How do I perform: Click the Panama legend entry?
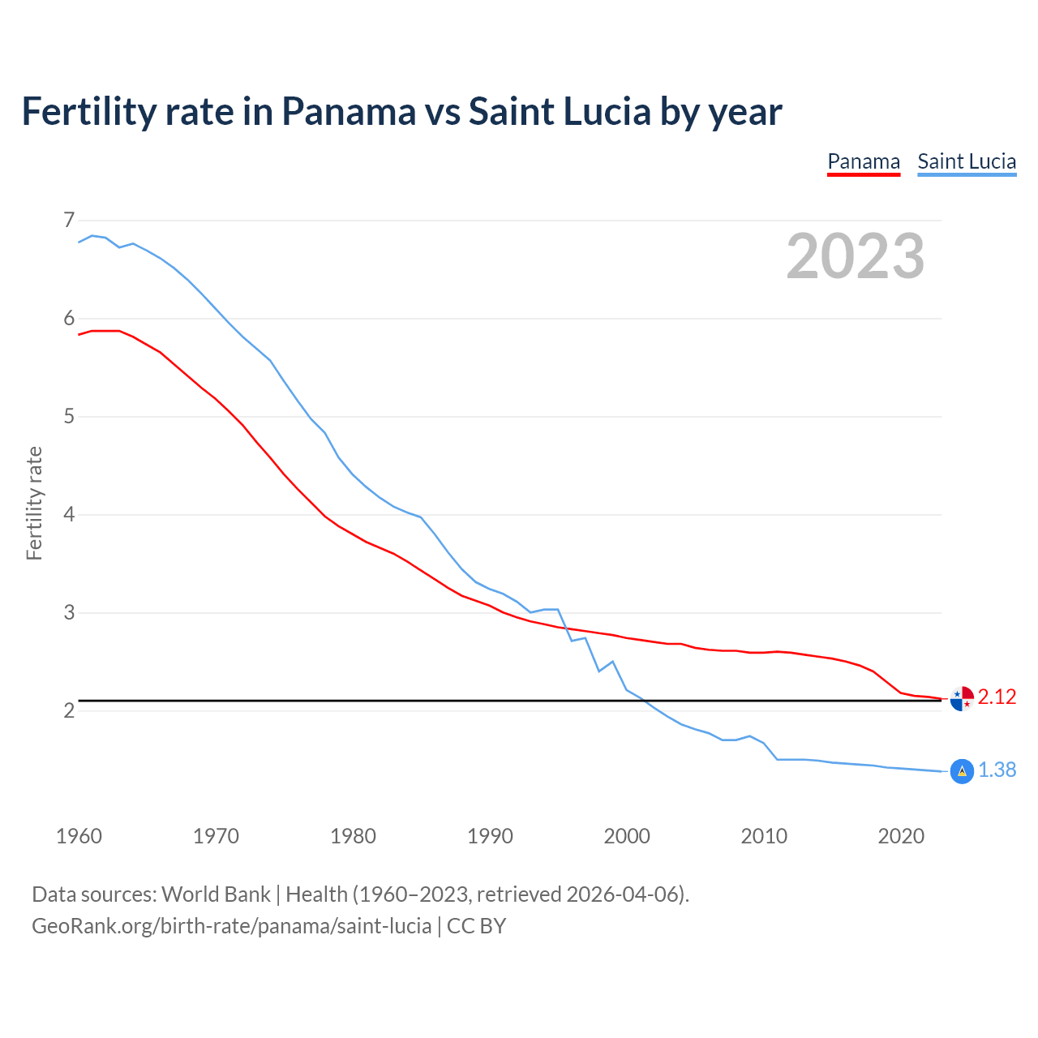[x=864, y=161]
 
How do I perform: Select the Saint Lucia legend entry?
[x=967, y=161]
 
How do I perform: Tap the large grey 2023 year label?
[x=856, y=256]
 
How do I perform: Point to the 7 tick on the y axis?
[x=69, y=220]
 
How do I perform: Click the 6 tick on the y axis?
[x=69, y=319]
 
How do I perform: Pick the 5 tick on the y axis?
[x=69, y=417]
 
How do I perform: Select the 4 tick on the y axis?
[x=69, y=515]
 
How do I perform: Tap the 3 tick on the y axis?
[x=69, y=613]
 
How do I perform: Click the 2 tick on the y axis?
[x=69, y=711]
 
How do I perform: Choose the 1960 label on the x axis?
[x=79, y=836]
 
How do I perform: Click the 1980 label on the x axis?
[x=353, y=836]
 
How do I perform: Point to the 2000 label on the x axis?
[x=627, y=836]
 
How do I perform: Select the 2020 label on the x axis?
[x=901, y=836]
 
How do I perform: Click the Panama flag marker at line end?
[x=962, y=698]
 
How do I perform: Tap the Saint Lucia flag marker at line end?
[x=962, y=771]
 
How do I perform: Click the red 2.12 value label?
[x=997, y=697]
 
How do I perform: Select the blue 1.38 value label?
[x=997, y=770]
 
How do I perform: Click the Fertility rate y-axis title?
[x=34, y=503]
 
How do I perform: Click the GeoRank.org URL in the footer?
[x=231, y=926]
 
